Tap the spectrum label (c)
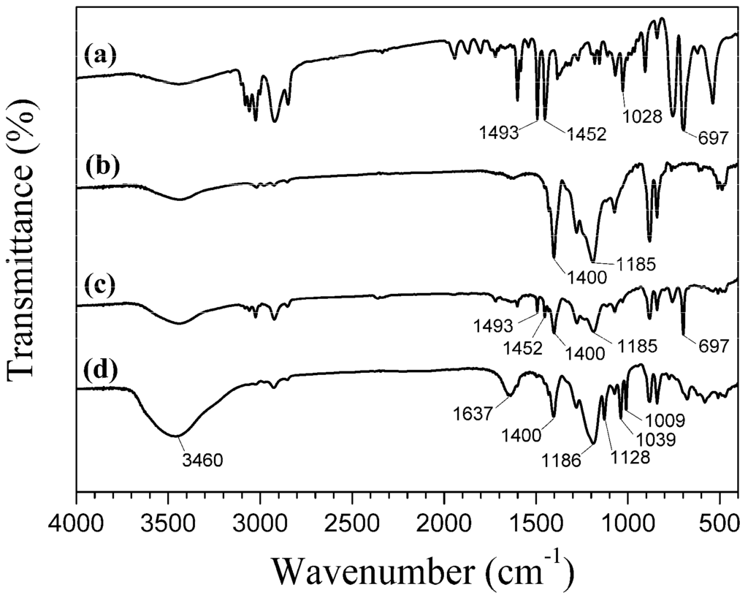tap(100, 286)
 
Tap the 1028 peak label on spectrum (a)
tap(642, 116)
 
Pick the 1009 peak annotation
tap(663, 421)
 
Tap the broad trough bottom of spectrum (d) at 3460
tap(176, 436)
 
